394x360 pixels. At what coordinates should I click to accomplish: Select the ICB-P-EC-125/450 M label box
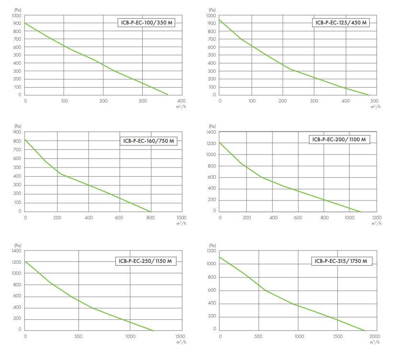(341, 22)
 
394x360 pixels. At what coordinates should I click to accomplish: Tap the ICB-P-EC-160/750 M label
(148, 141)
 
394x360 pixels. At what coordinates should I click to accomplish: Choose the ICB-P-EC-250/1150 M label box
(146, 261)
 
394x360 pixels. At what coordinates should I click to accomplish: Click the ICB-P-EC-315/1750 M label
(341, 261)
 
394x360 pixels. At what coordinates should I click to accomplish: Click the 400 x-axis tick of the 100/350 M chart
(181, 101)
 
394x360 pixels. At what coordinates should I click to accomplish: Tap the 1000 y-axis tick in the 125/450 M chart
(211, 16)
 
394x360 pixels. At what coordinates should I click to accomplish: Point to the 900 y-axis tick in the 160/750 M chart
(17, 132)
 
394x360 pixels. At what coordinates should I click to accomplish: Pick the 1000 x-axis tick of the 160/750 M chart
(181, 218)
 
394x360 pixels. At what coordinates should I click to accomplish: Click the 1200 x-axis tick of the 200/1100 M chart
(376, 218)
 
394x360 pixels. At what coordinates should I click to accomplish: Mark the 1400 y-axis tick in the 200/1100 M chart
(211, 132)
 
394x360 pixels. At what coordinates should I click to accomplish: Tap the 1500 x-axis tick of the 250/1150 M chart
(181, 336)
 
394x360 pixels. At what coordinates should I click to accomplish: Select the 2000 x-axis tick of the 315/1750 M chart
(376, 336)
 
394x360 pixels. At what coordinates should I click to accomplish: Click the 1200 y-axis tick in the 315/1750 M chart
(211, 251)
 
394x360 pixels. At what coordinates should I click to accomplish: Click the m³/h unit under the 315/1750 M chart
(376, 343)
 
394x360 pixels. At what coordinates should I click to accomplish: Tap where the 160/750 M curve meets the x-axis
(151, 211)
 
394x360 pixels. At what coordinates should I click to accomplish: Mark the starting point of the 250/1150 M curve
(25, 261)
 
